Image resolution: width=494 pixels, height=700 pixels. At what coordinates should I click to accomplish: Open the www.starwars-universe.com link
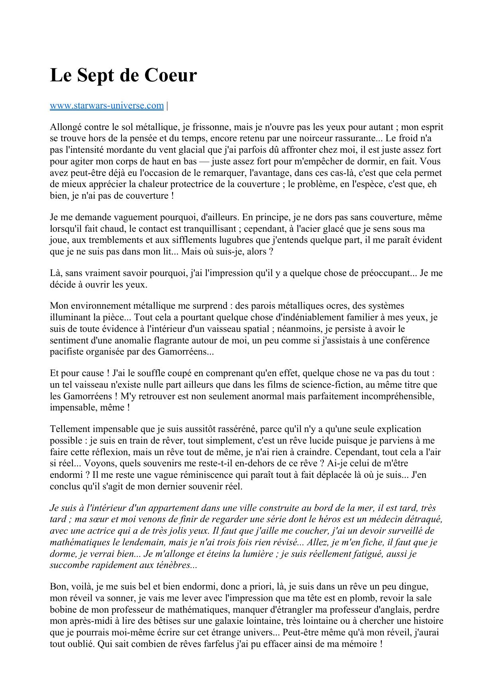pos(107,106)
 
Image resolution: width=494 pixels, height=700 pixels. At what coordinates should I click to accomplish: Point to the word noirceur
pos(310,139)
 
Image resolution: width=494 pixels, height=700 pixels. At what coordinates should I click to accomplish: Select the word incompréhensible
pos(401,396)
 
